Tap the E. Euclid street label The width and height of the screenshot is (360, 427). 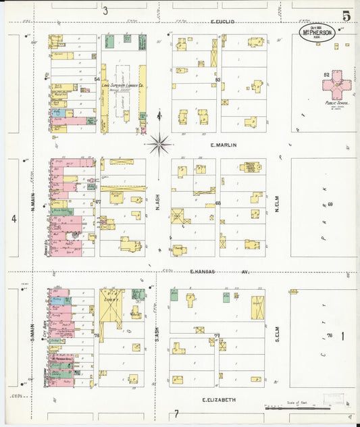(x=222, y=22)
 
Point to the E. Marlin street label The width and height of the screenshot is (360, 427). (x=222, y=145)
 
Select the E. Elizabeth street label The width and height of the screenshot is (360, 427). (x=220, y=400)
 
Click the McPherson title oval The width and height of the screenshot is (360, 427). (x=317, y=32)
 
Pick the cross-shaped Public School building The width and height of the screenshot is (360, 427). (x=336, y=86)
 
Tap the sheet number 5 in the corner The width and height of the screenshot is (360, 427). (x=346, y=15)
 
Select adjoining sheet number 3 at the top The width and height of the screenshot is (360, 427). (x=105, y=10)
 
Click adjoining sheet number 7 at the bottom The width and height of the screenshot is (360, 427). (x=175, y=413)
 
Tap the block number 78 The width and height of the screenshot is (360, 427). (x=97, y=336)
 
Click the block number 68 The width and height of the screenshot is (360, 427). (x=217, y=203)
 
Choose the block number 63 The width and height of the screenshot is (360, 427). (x=217, y=80)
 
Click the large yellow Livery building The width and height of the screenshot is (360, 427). (x=111, y=307)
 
